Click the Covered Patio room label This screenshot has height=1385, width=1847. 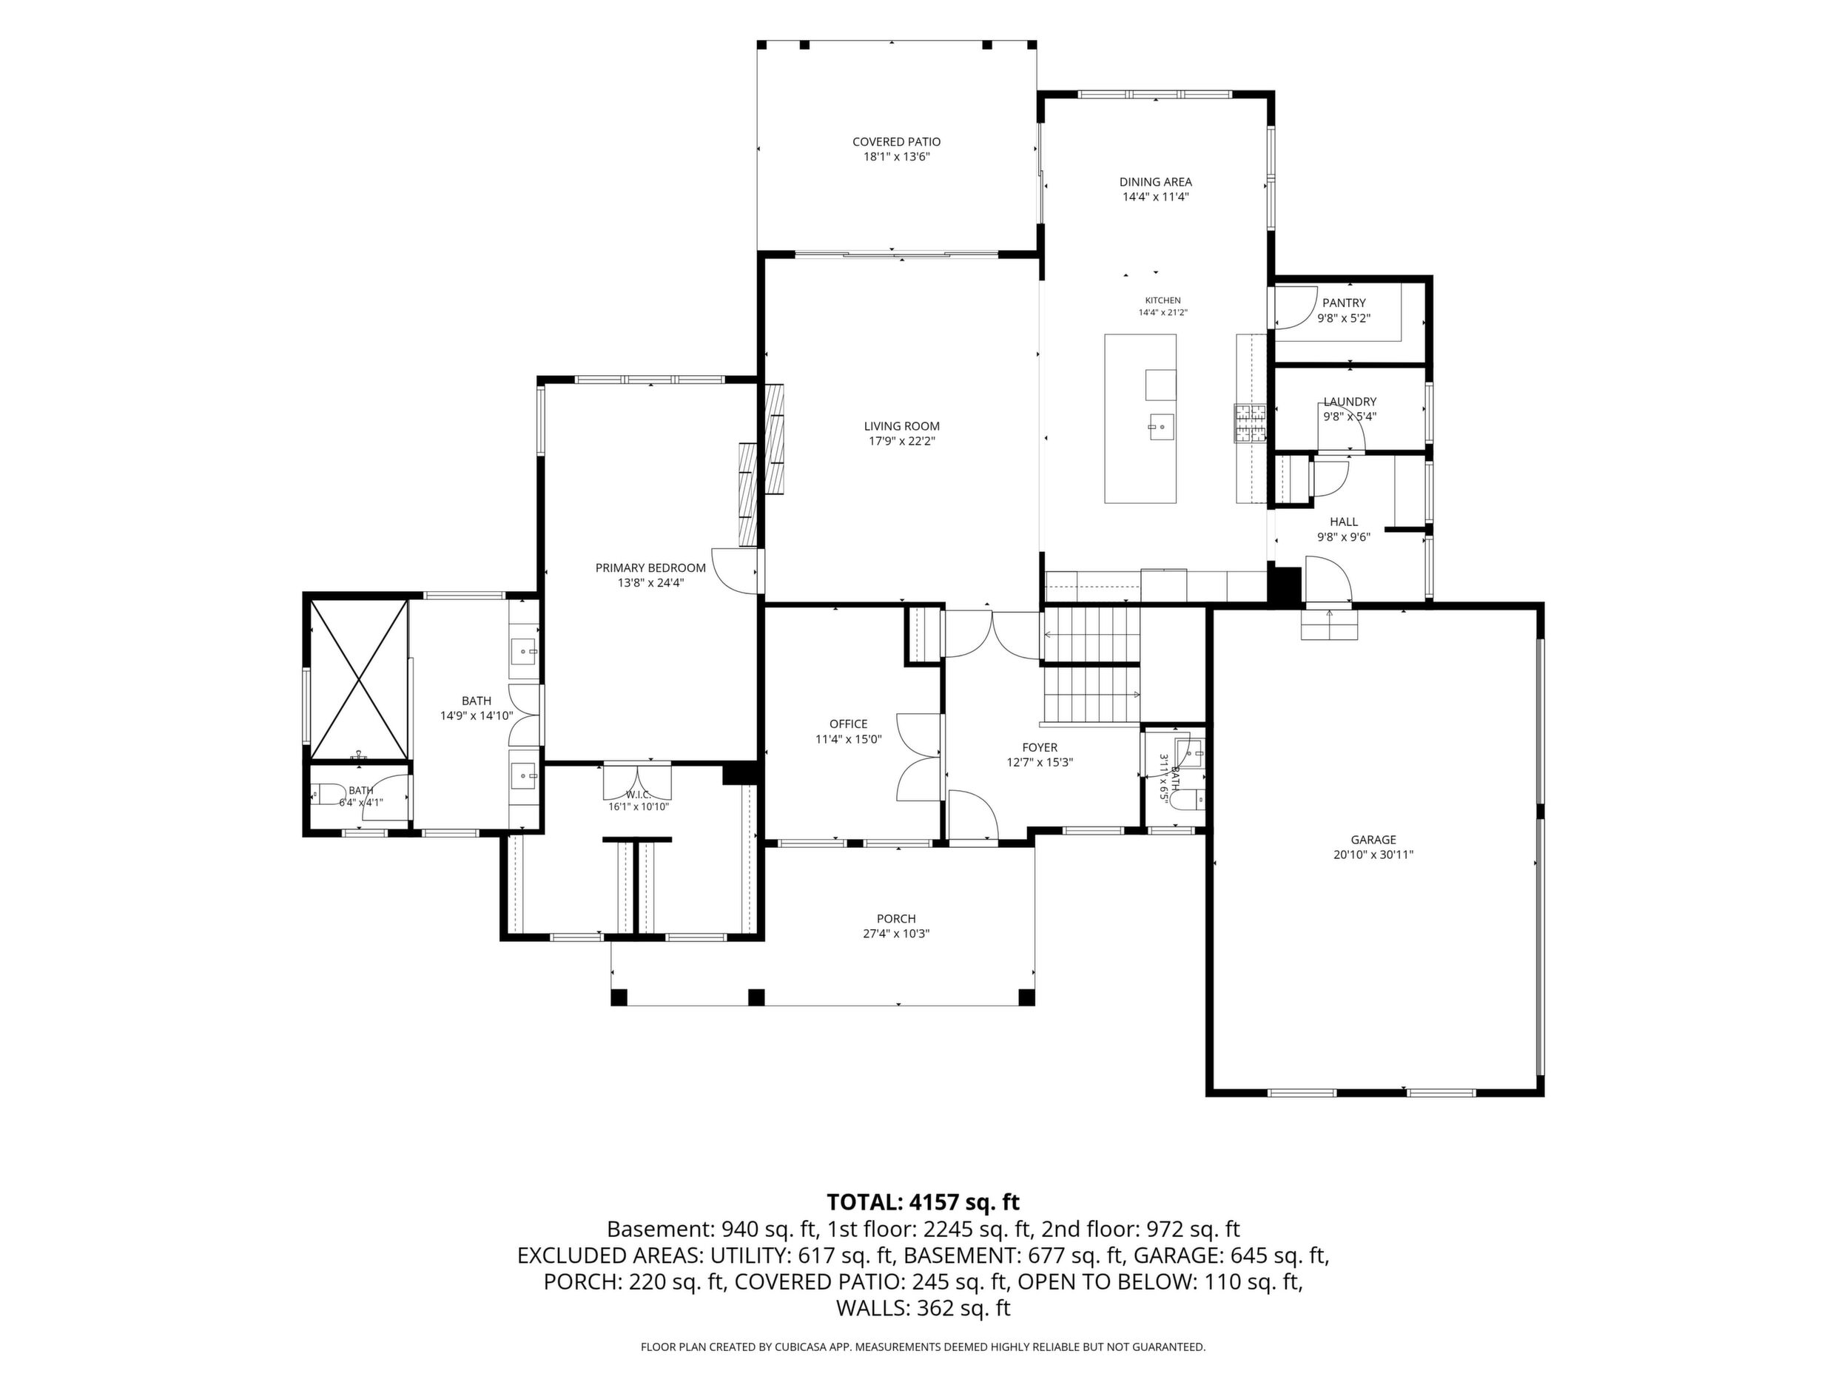point(896,142)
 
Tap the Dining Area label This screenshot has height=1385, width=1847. point(1156,182)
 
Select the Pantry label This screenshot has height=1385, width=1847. point(1344,303)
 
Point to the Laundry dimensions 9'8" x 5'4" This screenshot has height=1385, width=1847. point(1349,416)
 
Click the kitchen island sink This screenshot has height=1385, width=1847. point(1160,427)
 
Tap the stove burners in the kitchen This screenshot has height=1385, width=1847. point(1250,422)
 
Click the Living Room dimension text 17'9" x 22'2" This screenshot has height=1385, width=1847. point(901,441)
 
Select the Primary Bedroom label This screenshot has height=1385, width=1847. point(650,567)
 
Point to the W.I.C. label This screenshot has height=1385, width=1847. point(639,794)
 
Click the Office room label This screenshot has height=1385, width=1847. point(848,724)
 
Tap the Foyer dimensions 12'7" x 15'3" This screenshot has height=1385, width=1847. point(1040,762)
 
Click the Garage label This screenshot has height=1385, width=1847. point(1373,840)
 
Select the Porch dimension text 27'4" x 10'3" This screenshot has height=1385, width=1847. point(896,934)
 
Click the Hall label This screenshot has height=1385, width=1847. point(1344,522)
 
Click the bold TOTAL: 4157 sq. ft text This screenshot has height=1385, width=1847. point(923,1202)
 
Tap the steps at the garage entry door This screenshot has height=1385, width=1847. point(1329,624)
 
